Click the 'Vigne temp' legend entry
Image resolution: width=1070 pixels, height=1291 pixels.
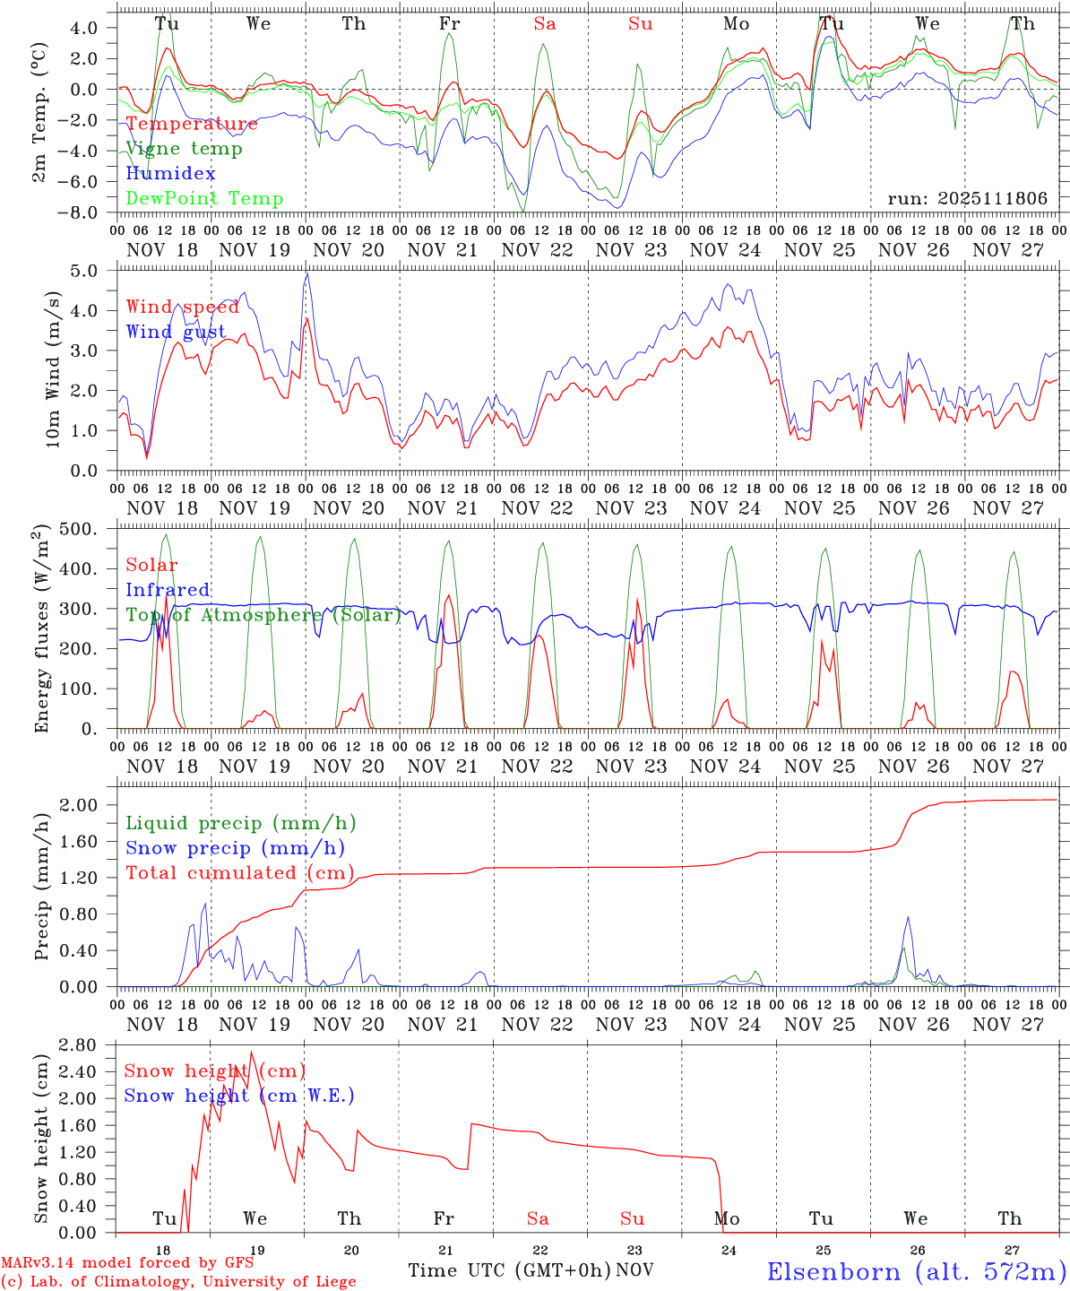tap(184, 149)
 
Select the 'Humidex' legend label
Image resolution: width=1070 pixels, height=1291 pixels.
tap(170, 174)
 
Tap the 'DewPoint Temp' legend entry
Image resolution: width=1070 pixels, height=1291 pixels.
tap(204, 199)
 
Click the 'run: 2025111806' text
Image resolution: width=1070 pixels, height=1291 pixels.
tap(967, 199)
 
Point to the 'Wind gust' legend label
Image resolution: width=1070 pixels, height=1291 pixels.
tap(176, 333)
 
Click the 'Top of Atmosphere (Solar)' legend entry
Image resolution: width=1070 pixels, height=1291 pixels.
tap(263, 615)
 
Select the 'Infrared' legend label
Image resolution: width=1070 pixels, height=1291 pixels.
tap(168, 590)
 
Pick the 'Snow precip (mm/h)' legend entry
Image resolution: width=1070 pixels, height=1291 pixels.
tap(235, 848)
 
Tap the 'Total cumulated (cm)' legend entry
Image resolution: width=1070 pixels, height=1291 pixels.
tap(239, 872)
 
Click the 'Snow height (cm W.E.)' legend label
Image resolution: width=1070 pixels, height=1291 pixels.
tap(238, 1096)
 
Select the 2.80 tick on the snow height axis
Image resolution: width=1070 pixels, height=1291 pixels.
tap(89, 1044)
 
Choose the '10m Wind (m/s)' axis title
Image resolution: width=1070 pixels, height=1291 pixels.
tap(52, 369)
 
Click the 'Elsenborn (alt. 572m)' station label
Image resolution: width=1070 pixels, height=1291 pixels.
tap(916, 1271)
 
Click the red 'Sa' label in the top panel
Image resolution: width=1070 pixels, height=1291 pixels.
tap(544, 24)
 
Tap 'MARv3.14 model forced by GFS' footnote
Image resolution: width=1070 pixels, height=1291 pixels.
tap(127, 1263)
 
